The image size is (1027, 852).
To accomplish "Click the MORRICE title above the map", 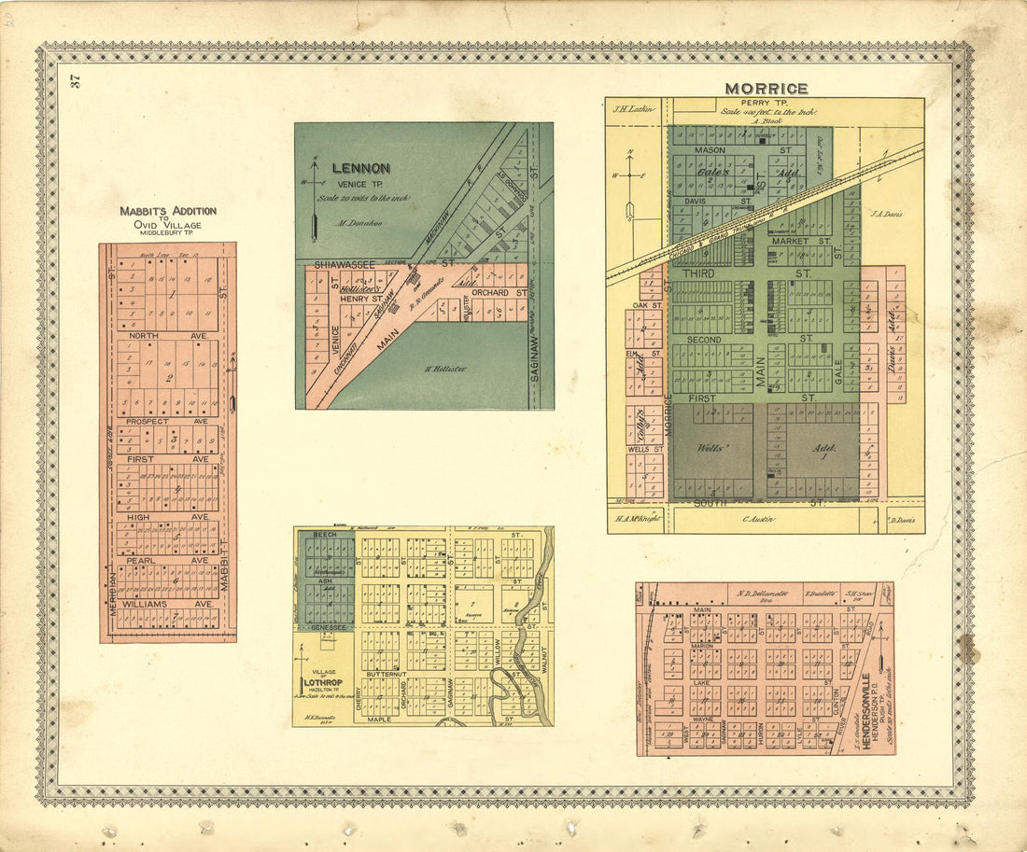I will click(767, 89).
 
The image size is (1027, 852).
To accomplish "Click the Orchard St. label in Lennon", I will click(489, 293).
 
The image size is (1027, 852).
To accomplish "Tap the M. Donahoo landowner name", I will click(356, 224).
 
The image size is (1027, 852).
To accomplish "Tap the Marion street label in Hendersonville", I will click(701, 645).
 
